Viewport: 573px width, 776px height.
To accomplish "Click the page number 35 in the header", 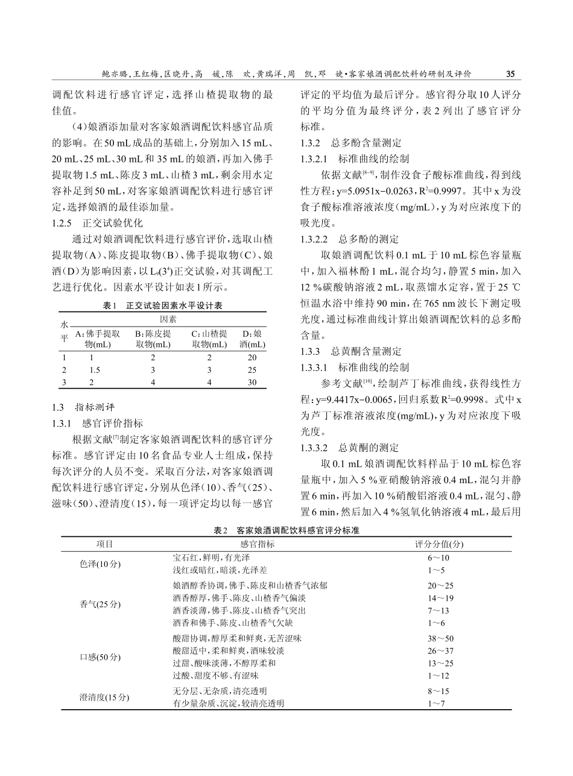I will tap(510, 75).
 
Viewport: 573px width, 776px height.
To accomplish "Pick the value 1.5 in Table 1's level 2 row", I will tap(95, 369).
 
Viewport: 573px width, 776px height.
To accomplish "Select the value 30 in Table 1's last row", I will tap(252, 382).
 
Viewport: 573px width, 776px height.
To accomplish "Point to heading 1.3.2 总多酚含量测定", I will tap(350, 143).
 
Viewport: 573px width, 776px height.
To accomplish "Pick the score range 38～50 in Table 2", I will tap(440, 638).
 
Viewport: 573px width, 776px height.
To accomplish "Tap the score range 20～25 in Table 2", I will tap(440, 586).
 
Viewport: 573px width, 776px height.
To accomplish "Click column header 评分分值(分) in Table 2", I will tap(440, 544).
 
